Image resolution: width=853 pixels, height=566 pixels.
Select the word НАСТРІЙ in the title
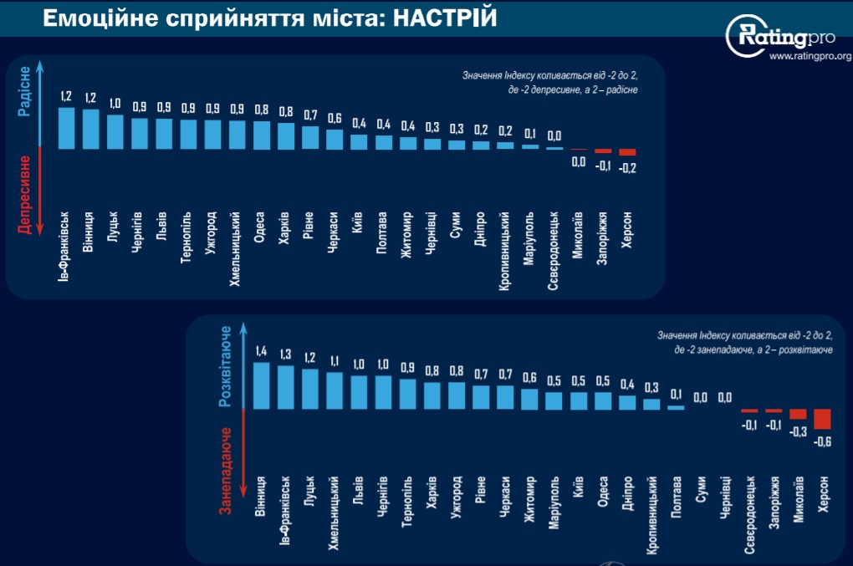click(441, 18)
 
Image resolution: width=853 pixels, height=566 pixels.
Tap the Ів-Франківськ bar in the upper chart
click(66, 128)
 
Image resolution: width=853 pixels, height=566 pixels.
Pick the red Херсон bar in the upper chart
click(627, 152)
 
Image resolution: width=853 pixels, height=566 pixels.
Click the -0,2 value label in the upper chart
click(627, 166)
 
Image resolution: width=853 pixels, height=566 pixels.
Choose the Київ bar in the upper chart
click(359, 141)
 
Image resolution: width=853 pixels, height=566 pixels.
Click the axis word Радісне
click(25, 91)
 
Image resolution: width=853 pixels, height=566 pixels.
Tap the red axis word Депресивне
click(25, 195)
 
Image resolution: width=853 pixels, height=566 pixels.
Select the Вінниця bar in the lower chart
click(261, 385)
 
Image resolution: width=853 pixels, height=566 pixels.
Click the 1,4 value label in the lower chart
click(261, 352)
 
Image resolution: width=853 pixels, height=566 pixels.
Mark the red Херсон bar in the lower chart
click(822, 418)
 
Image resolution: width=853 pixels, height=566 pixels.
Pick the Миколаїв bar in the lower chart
click(798, 414)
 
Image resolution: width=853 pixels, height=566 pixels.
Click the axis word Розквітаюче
click(225, 368)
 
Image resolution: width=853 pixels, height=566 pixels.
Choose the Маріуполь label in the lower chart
click(554, 504)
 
